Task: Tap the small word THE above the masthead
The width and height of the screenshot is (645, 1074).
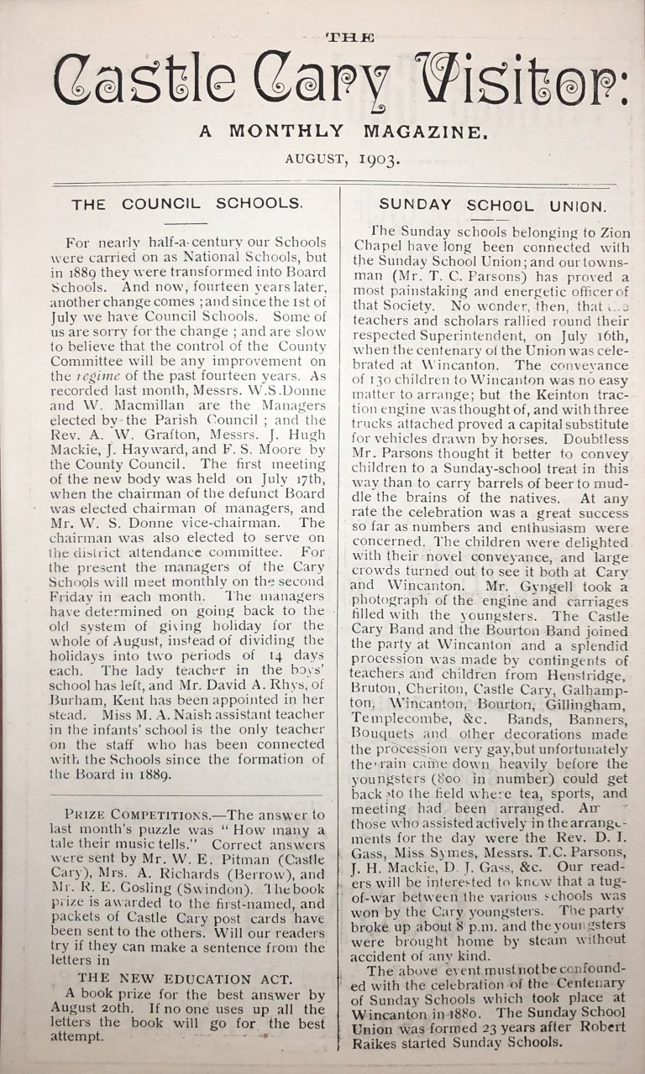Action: point(349,37)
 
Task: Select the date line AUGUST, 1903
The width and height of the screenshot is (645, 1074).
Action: point(343,158)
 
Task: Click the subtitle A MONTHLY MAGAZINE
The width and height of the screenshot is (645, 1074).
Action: point(343,131)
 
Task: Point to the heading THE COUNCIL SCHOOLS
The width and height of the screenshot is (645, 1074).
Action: point(186,204)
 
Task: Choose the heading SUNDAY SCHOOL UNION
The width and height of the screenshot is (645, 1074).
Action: point(491,205)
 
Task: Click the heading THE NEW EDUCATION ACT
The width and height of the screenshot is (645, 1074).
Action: point(185,978)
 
